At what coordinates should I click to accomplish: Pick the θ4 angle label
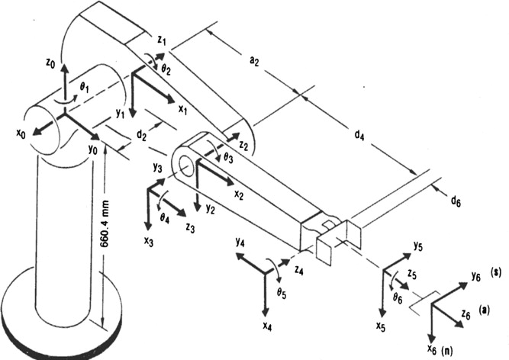tap(164, 217)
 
